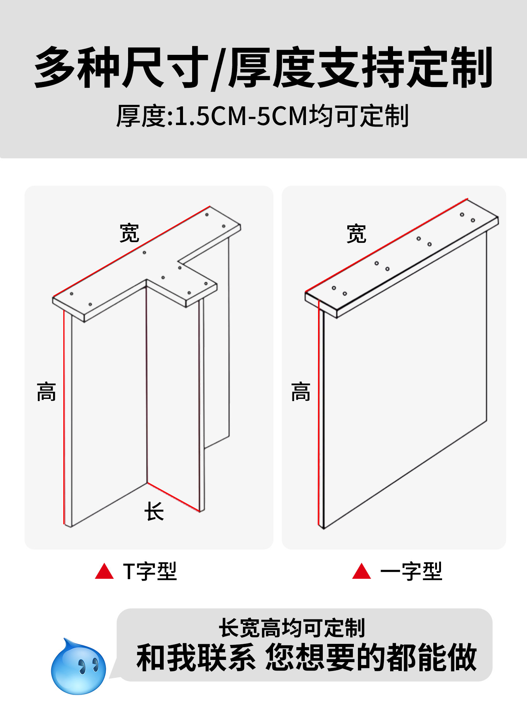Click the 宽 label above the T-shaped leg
pos(130,233)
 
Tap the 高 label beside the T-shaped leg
pos(46,392)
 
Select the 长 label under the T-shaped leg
pos(154,511)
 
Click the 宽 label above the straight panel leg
pos(356,234)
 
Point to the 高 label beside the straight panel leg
pos(300,392)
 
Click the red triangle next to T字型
pos(104,572)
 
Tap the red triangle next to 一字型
pos(362,572)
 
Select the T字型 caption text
pos(150,571)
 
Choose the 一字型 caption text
pos(411,571)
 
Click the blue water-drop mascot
pos(78,667)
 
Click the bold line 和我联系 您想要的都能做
pos(307,658)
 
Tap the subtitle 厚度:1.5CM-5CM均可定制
pos(262,116)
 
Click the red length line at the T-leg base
pos(173,497)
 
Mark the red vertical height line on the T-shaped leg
pos(64,417)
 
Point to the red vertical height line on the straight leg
pos(319,413)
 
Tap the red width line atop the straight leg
pos(386,245)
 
